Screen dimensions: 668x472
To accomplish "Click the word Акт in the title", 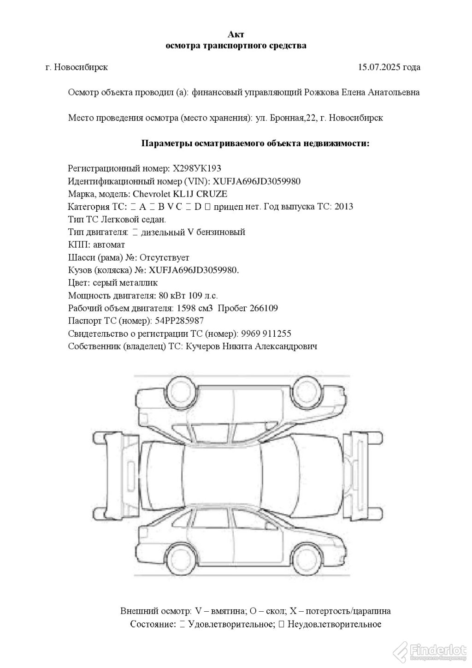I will pos(236,35).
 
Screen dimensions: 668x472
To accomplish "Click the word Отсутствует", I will pos(164,257).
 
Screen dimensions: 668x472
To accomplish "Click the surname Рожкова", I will pos(322,92).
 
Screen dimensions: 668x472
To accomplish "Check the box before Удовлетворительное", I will pos(182,624).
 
